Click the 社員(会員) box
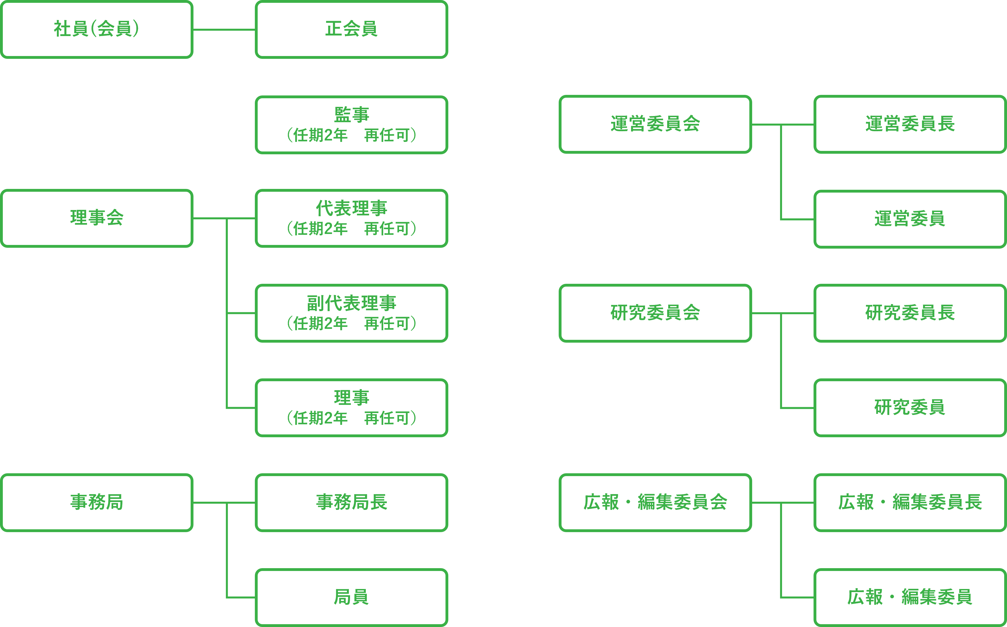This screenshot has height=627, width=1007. tap(97, 30)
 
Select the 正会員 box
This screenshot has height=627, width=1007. tap(351, 30)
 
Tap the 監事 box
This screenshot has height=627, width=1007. tap(351, 124)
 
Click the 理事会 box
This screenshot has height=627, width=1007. tap(97, 218)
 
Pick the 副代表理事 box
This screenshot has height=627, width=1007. tap(351, 313)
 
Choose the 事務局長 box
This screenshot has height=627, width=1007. tap(351, 502)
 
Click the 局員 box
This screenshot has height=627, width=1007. tap(351, 597)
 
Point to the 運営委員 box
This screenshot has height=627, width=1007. tap(910, 219)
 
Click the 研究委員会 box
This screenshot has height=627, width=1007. tap(655, 313)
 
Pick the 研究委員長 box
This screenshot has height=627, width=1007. tap(910, 313)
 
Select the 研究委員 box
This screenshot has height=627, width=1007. tap(910, 408)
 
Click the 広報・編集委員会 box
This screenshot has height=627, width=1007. tap(655, 502)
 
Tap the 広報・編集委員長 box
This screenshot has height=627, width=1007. tap(910, 502)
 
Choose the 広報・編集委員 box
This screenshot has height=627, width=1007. tap(910, 597)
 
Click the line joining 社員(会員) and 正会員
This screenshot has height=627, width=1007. tap(224, 30)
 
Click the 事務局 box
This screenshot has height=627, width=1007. tap(97, 502)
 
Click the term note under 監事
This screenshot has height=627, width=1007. tap(351, 135)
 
